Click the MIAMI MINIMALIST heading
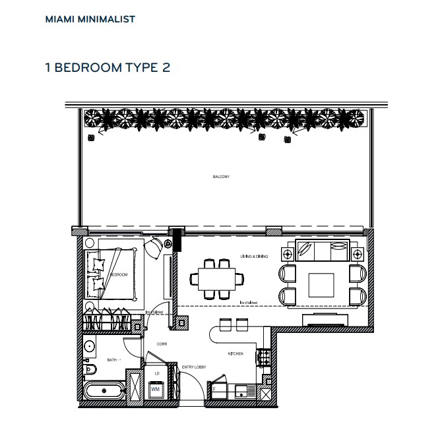tap(90, 19)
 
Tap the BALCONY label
tap(221, 177)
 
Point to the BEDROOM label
tap(119, 274)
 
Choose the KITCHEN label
tap(236, 354)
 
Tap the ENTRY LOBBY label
tap(191, 367)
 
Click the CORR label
tap(161, 344)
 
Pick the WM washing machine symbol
tap(156, 390)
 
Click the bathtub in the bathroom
tap(104, 391)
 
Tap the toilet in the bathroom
tap(90, 368)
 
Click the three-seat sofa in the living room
tap(322, 251)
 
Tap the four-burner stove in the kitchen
tap(266, 358)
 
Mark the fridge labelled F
tap(216, 390)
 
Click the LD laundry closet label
tap(156, 374)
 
